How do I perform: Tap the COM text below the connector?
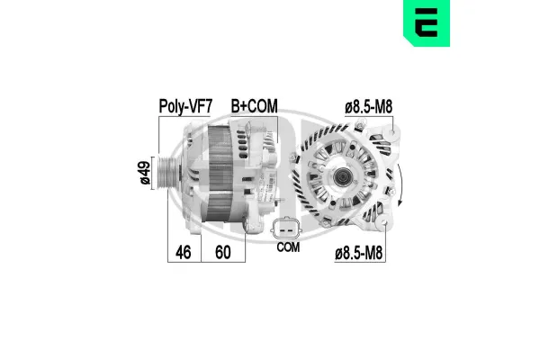point(288,247)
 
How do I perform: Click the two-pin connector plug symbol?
point(287,227)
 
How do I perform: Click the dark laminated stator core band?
point(216,175)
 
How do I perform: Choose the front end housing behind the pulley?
point(194,175)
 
